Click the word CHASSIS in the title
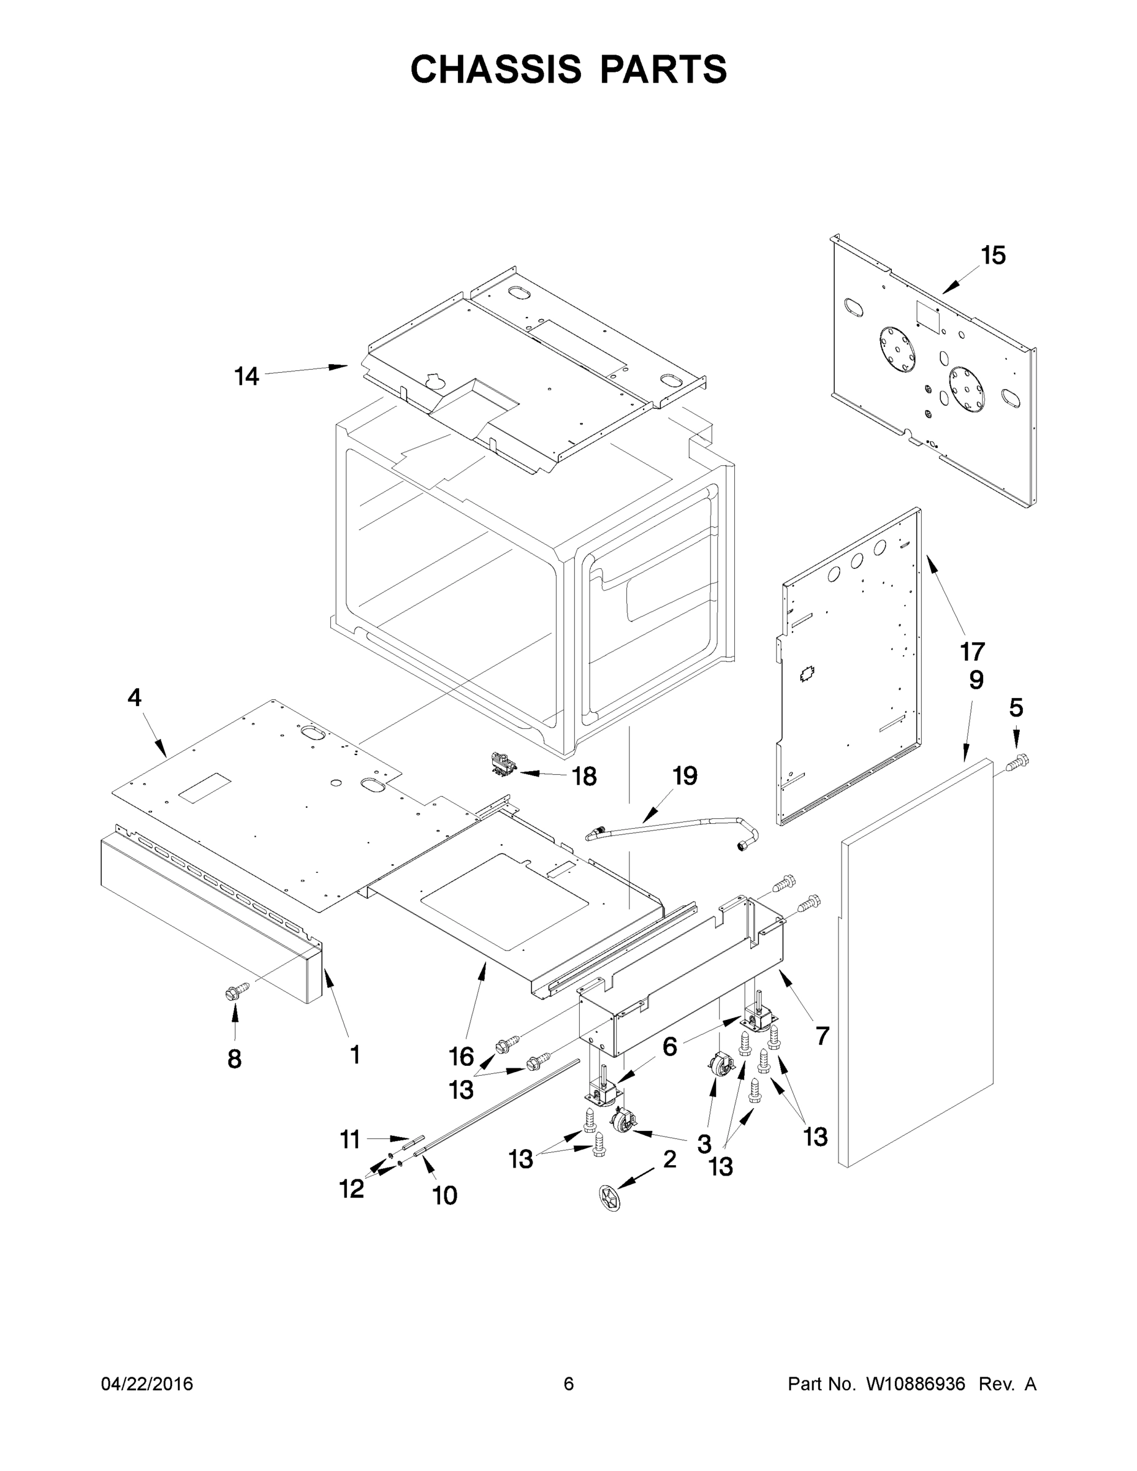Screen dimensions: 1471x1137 point(496,69)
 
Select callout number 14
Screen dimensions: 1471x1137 point(246,376)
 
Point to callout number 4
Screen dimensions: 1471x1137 point(135,697)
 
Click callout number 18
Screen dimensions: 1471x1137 point(584,777)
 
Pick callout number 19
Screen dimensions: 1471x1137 point(685,776)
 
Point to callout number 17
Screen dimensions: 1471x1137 point(973,652)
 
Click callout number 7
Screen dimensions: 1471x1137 point(823,1035)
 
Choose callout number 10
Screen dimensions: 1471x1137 point(444,1196)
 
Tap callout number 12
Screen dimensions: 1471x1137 point(351,1190)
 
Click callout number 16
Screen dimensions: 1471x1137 point(462,1057)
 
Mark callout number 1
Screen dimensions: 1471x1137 point(354,1055)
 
